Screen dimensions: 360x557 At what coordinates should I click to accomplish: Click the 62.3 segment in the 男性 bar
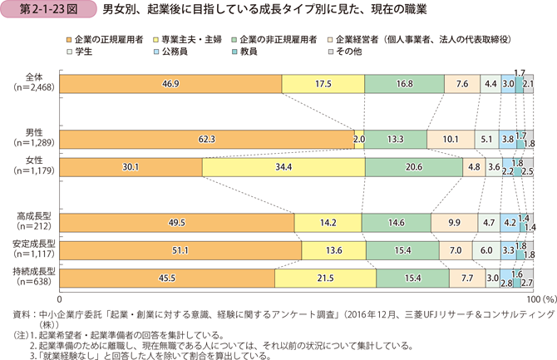[x=208, y=140]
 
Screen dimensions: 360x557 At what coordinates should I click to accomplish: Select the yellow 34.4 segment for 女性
[x=283, y=167]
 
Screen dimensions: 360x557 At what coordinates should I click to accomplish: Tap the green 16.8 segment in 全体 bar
[x=404, y=84]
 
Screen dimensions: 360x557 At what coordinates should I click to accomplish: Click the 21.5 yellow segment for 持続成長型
[x=319, y=278]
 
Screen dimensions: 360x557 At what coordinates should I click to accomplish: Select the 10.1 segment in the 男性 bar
[x=450, y=140]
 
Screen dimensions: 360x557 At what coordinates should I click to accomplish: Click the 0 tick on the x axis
[x=60, y=298]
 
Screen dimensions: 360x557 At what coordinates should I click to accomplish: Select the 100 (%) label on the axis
[x=536, y=298]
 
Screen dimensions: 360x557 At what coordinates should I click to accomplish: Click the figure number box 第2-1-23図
[x=37, y=11]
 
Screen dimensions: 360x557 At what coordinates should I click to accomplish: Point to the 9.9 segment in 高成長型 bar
[x=454, y=223]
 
